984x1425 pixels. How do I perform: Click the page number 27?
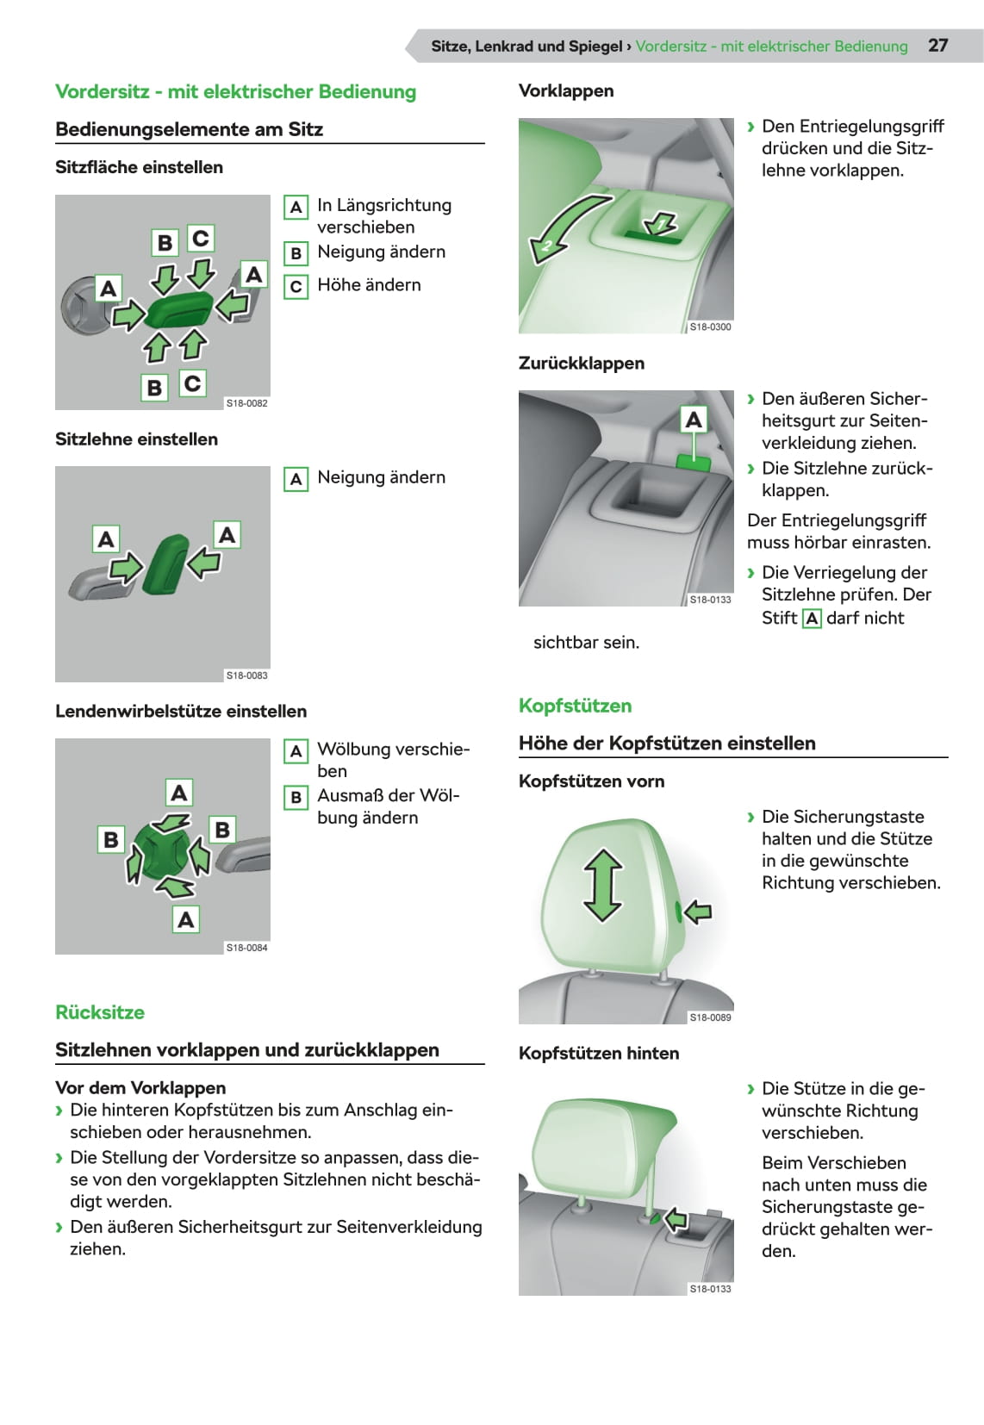pyautogui.click(x=937, y=46)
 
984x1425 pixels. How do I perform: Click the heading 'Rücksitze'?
pyautogui.click(x=100, y=1012)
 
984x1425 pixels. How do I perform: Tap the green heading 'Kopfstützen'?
pyautogui.click(x=575, y=706)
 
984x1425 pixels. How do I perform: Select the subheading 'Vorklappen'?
pyautogui.click(x=566, y=90)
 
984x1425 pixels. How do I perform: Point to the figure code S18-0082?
pyautogui.click(x=246, y=403)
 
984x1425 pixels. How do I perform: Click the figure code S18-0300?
pyautogui.click(x=710, y=327)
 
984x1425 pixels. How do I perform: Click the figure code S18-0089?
pyautogui.click(x=710, y=1017)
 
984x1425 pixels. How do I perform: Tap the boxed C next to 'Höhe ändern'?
pyautogui.click(x=296, y=286)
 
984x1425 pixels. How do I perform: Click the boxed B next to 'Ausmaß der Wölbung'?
pyautogui.click(x=296, y=797)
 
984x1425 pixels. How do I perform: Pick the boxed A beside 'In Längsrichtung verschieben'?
pyautogui.click(x=296, y=207)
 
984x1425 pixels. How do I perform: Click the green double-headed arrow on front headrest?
pyautogui.click(x=602, y=886)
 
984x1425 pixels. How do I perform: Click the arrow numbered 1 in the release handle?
pyautogui.click(x=661, y=222)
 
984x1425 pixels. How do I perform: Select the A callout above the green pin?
pyautogui.click(x=693, y=420)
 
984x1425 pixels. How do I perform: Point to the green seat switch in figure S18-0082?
pyautogui.click(x=179, y=308)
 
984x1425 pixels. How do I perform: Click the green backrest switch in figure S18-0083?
pyautogui.click(x=166, y=564)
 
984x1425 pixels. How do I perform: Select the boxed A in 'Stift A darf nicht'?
pyautogui.click(x=812, y=619)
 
